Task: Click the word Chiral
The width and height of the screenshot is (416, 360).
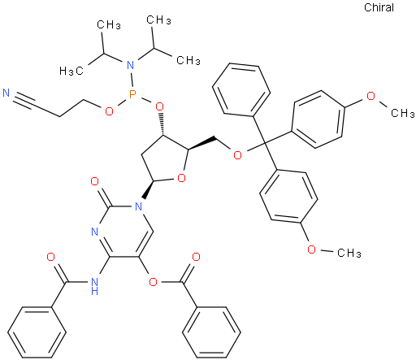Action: (x=379, y=7)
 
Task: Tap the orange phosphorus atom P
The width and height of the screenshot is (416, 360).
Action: (x=132, y=94)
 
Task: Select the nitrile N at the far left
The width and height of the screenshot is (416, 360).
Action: (x=6, y=93)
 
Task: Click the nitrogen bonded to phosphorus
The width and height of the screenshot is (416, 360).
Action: (x=131, y=65)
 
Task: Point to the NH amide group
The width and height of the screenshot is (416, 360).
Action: (x=94, y=286)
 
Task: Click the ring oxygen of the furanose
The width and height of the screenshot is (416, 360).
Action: (x=181, y=178)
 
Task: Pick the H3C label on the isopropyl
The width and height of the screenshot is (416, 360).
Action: (x=71, y=71)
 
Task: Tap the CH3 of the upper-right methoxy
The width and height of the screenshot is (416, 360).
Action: (x=402, y=113)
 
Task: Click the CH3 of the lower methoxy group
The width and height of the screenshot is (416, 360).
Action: (x=349, y=253)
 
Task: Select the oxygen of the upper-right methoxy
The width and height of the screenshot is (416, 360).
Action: (x=370, y=96)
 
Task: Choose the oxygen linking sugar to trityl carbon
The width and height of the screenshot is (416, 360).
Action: (x=237, y=155)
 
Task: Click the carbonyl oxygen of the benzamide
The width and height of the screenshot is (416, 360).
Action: (x=51, y=257)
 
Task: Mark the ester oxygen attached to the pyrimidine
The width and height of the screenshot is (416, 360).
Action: (x=153, y=282)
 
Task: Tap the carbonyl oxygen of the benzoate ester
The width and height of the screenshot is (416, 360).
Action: (x=196, y=257)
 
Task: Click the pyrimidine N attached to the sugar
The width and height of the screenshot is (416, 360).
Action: (x=138, y=207)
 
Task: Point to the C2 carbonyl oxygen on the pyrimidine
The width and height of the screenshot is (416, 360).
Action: (x=94, y=181)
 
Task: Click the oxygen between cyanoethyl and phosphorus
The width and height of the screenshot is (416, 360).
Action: (x=109, y=111)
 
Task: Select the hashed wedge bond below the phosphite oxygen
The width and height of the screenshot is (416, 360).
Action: (x=162, y=124)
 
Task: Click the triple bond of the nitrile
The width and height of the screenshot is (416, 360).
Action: (x=25, y=102)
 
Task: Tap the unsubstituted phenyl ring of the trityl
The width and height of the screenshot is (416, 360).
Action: (x=241, y=90)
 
